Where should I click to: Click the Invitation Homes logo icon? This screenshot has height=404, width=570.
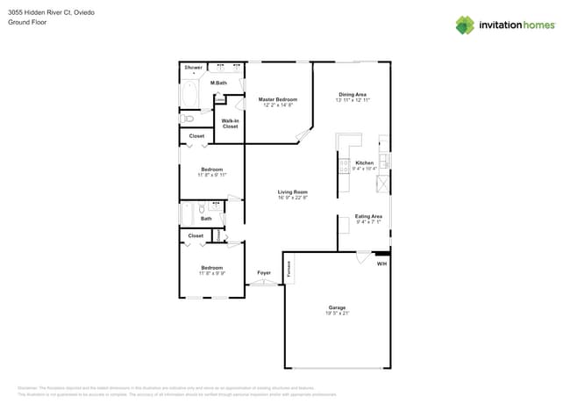464,25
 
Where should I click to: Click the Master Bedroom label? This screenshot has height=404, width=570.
277,100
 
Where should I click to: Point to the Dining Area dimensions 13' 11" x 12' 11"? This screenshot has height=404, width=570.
352,100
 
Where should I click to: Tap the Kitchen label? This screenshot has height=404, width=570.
364,162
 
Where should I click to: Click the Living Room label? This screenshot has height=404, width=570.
292,191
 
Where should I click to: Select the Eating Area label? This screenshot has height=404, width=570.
368,216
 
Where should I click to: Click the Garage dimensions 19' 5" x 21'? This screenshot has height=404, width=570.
338,313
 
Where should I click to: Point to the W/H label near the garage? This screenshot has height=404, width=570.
381,263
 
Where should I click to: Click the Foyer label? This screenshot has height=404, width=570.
264,273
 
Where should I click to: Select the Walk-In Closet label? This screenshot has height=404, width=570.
230,124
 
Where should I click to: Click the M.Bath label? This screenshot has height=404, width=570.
219,83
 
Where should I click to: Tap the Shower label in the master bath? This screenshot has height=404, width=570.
193,68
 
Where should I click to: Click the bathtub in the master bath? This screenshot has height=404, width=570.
190,95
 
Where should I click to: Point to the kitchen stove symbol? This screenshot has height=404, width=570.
344,164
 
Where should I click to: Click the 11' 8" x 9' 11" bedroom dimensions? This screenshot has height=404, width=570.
211,175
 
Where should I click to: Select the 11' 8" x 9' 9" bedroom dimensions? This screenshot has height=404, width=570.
211,273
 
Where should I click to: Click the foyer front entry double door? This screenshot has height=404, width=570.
263,283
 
